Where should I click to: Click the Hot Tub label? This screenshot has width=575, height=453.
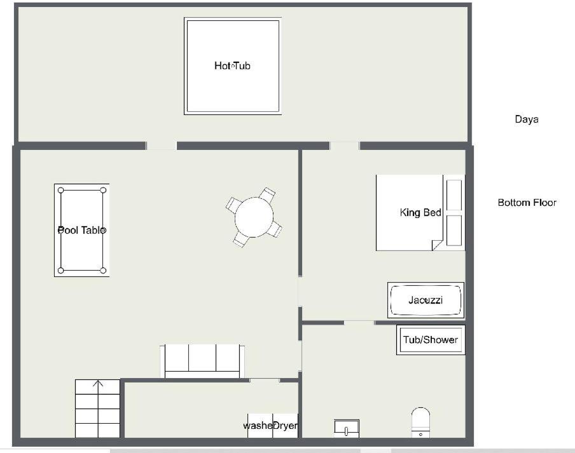(x=232, y=66)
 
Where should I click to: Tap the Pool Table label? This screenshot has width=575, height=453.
(x=82, y=230)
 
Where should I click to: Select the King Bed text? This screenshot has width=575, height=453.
(x=420, y=212)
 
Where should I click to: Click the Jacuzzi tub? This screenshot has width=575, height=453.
(x=426, y=301)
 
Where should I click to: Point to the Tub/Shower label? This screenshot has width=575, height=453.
(x=431, y=340)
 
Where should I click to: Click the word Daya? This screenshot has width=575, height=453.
(x=527, y=119)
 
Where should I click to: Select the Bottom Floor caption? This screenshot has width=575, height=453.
(x=527, y=203)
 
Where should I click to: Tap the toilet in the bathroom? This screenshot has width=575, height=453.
(x=420, y=423)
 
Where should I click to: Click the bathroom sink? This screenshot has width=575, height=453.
(x=347, y=428)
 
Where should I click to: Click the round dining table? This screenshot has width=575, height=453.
(x=254, y=217)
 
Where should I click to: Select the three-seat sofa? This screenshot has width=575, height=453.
(x=202, y=361)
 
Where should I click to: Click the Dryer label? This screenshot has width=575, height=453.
(x=286, y=426)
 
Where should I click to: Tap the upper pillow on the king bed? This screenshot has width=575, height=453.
(x=454, y=195)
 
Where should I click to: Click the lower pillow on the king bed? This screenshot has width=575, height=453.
(x=454, y=231)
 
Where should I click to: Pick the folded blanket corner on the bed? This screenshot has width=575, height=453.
(x=437, y=245)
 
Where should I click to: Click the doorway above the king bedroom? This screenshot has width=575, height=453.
(x=344, y=145)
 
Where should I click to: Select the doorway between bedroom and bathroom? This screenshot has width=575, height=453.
(x=359, y=323)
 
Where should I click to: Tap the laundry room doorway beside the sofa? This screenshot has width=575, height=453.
(x=265, y=381)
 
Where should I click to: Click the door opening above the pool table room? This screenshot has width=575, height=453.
(x=161, y=145)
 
